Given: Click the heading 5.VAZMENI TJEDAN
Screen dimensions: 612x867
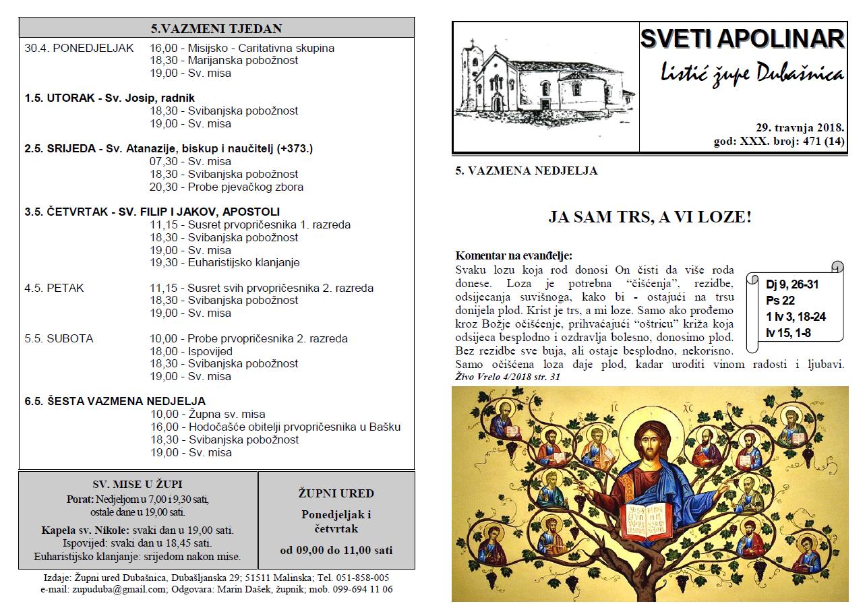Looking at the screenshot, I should coord(216,28).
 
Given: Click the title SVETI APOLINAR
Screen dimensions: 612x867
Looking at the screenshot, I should coord(742,39).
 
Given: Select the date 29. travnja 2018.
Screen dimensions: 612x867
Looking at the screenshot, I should coord(800,128).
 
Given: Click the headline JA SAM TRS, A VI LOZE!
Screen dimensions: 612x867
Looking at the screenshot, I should coord(649,217).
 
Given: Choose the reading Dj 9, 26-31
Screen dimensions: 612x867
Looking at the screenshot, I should coord(792,284).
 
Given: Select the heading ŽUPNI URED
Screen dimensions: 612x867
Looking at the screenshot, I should coord(336,493).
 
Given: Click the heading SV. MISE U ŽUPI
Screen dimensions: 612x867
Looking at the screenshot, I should coord(138,484).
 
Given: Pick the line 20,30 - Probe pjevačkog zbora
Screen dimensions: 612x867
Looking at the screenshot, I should coord(227,187).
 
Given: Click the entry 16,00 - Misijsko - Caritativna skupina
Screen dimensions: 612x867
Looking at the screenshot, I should coord(242,48).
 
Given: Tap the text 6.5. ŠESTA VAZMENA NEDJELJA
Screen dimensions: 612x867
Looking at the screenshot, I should coord(115,401).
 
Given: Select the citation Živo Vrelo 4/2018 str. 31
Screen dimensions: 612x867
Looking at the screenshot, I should coord(508,377).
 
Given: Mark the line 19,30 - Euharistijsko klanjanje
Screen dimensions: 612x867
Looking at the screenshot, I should coord(225,262).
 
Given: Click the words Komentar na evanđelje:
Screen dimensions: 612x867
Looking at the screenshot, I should coord(514,256).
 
